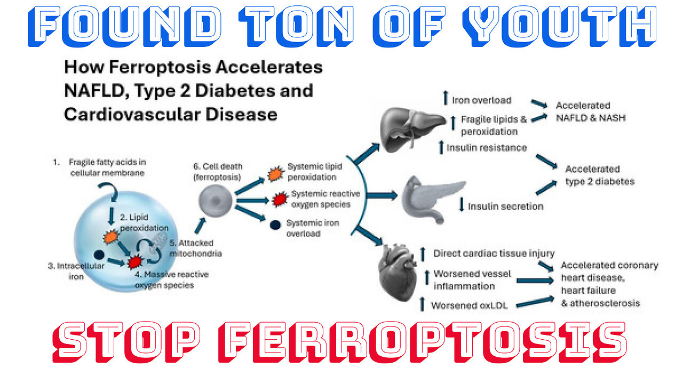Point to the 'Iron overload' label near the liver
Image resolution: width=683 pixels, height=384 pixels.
[x=481, y=100]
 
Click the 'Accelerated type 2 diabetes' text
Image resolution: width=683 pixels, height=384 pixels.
[x=599, y=175]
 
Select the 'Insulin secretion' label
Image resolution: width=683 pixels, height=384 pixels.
[x=505, y=206]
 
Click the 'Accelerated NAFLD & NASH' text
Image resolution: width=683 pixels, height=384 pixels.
[x=590, y=111]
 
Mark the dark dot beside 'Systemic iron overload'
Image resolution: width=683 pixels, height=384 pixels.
[x=275, y=225]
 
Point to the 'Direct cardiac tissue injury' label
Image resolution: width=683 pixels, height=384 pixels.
[x=494, y=254]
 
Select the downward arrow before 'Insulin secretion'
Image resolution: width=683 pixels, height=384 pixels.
[x=462, y=206]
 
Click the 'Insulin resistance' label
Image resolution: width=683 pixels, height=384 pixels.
[x=487, y=148]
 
